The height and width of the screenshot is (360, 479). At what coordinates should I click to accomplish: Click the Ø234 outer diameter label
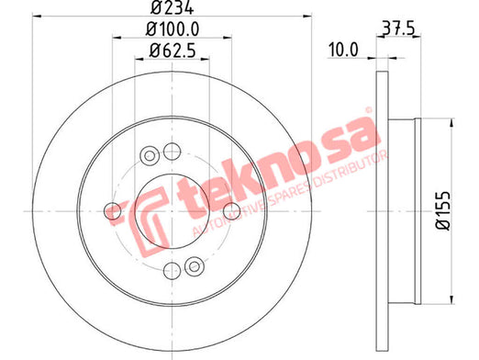click(x=173, y=7)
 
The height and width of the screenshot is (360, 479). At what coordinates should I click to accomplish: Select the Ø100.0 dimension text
click(x=173, y=29)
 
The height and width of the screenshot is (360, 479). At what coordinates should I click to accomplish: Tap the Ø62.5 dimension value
click(x=173, y=51)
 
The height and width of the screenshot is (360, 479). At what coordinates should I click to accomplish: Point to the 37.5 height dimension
click(x=398, y=29)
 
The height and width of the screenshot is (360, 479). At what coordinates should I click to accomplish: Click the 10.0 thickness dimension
click(x=343, y=50)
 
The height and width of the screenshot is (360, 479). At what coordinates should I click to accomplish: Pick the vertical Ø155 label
click(x=443, y=211)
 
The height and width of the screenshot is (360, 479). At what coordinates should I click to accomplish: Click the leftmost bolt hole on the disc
click(x=113, y=211)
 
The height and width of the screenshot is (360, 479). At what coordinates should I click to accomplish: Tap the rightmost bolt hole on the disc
click(x=232, y=211)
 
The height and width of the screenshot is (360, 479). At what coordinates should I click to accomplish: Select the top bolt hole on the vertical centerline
click(x=173, y=152)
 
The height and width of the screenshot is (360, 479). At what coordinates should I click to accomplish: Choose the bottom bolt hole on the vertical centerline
click(x=173, y=271)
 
